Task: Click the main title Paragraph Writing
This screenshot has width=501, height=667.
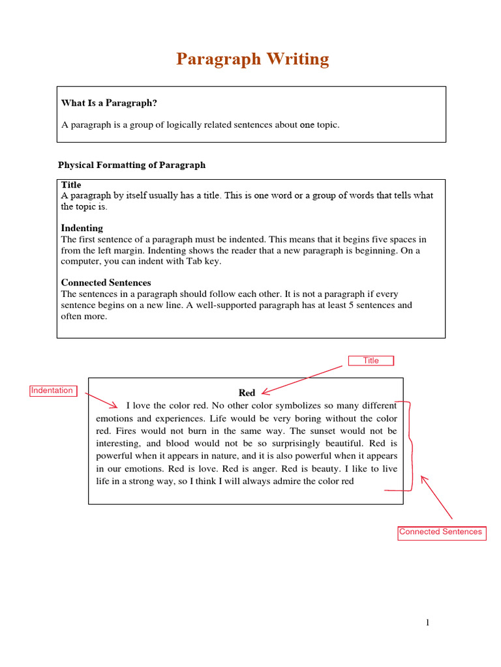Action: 252,59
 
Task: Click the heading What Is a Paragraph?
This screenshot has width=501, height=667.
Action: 109,103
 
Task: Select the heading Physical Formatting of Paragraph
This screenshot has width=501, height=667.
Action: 132,165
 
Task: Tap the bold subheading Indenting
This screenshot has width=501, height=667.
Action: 82,228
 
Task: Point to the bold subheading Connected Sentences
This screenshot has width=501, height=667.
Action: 106,283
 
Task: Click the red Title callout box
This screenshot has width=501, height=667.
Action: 371,360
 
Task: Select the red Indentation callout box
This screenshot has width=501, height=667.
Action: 52,390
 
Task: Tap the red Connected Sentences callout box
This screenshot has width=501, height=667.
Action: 441,532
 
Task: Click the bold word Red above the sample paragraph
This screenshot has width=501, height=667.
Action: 247,393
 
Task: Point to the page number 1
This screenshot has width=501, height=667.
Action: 427,623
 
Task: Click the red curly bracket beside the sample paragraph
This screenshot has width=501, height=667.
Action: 409,446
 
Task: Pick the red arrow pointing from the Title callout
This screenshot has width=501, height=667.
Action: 301,380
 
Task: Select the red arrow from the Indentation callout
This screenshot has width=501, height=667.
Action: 101,399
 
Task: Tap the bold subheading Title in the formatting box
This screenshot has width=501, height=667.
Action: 71,185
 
